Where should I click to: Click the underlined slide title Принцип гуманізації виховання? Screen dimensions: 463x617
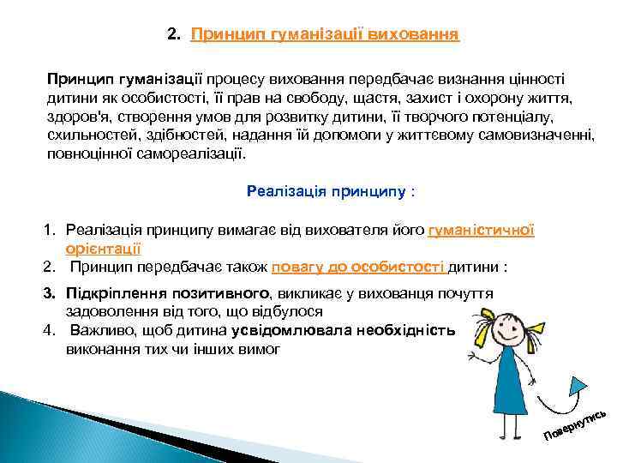tap(325, 35)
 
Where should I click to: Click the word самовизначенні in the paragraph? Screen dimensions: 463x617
tap(542, 136)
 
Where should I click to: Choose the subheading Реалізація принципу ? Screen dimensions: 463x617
tap(330, 191)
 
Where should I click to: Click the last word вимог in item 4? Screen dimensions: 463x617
tap(261, 349)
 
